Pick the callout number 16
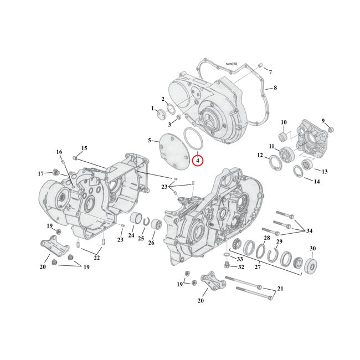59,152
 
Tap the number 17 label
40,173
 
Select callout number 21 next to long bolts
281,289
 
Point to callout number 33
240,259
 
